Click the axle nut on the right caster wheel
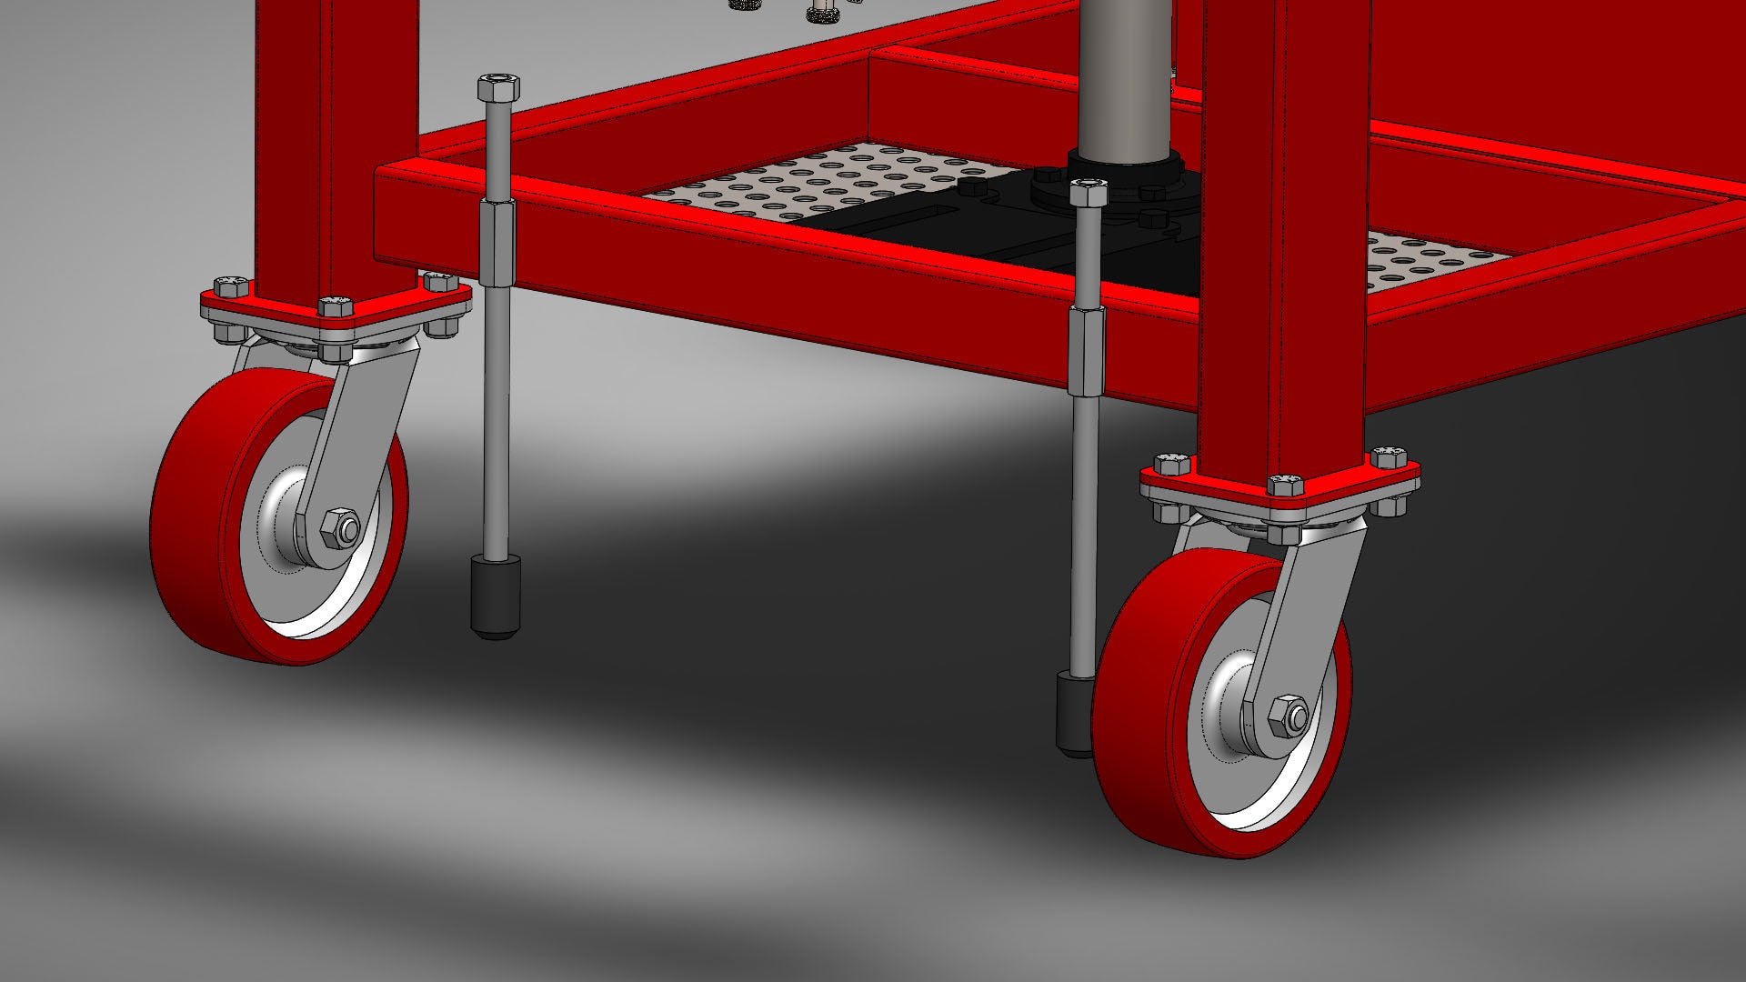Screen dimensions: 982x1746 pos(1288,716)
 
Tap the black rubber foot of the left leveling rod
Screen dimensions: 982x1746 pos(496,597)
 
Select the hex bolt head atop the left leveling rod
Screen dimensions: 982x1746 pos(497,89)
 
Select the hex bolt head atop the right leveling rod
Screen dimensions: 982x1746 pos(1089,194)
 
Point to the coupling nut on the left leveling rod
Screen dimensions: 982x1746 pos(497,243)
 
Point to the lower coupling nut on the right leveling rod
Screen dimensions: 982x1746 pos(1086,351)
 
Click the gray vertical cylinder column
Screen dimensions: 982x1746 pos(1124,73)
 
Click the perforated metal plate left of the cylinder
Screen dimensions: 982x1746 pos(818,182)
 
